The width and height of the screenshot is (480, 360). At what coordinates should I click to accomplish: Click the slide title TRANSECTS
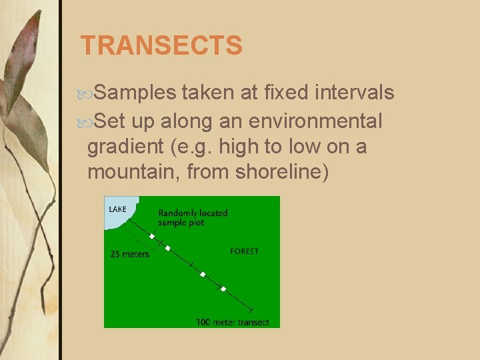pyautogui.click(x=161, y=46)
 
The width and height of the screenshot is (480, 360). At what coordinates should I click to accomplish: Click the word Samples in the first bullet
pyautogui.click(x=135, y=93)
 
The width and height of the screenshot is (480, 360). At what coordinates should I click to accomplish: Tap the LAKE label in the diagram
pyautogui.click(x=117, y=209)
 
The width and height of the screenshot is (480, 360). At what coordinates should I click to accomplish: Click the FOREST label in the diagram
pyautogui.click(x=244, y=251)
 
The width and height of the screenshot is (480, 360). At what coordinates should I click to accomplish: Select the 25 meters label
pyautogui.click(x=129, y=254)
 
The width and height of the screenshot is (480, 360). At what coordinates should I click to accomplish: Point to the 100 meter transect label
pyautogui.click(x=233, y=322)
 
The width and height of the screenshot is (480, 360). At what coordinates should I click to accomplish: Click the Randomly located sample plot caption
pyautogui.click(x=192, y=217)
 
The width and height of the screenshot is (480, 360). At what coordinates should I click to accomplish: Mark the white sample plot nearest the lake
pyautogui.click(x=152, y=236)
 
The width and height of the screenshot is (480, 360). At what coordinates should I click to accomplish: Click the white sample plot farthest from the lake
pyautogui.click(x=223, y=289)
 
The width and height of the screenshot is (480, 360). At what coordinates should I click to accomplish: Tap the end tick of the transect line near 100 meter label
pyautogui.click(x=251, y=310)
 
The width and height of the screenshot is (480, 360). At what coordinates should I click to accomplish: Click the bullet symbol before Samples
pyautogui.click(x=89, y=93)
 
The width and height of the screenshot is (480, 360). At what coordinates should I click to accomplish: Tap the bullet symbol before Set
pyautogui.click(x=89, y=122)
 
